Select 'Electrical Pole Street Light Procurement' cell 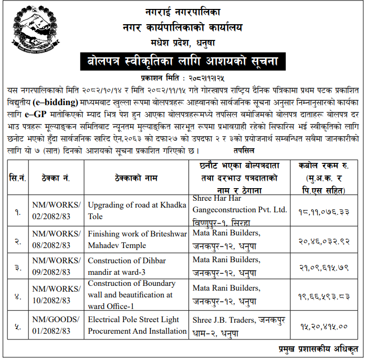click(137, 325)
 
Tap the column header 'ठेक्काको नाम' click(136, 178)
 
